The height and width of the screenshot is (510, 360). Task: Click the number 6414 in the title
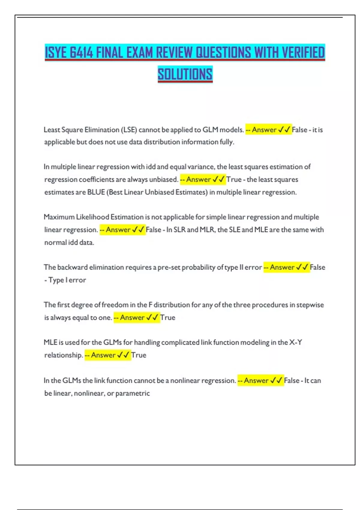pos(82,52)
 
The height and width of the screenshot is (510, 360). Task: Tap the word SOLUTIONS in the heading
pos(185,74)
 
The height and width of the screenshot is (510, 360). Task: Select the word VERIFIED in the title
pos(303,52)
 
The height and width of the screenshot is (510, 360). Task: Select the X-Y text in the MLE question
pos(295,342)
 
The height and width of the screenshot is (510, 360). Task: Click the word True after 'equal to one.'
pos(168,317)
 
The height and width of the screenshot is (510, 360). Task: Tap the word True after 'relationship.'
pos(139,355)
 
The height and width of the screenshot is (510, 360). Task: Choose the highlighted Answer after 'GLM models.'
pos(264,130)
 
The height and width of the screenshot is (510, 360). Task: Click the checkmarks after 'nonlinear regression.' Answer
pos(276,380)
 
